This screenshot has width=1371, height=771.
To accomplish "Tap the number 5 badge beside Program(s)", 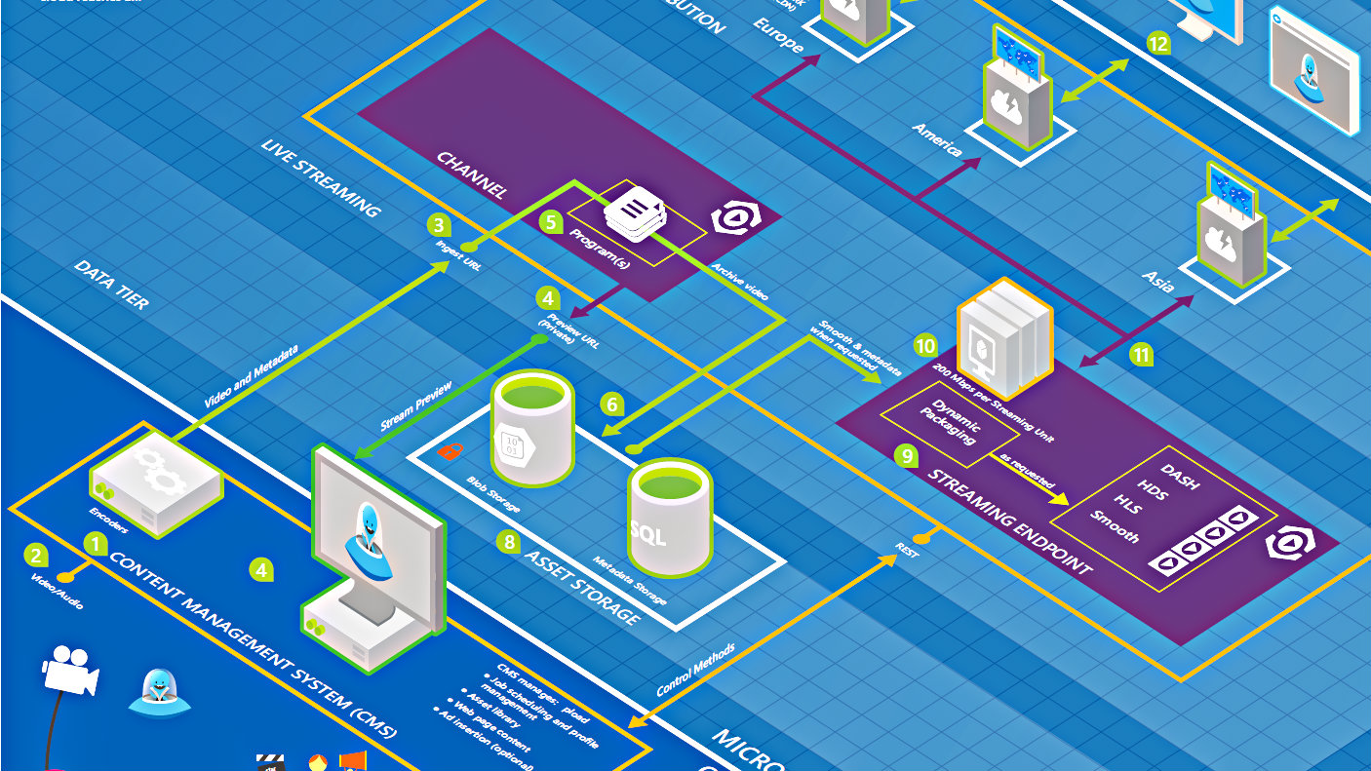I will point(551,222).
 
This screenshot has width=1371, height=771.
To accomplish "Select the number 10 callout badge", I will point(924,345).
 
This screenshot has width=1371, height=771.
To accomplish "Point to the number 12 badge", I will point(1157,44).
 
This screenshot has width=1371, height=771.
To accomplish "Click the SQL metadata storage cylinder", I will point(669,519).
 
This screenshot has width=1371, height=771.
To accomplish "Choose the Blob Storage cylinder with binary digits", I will point(531,429).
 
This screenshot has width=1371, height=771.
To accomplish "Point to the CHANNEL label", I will point(472,175).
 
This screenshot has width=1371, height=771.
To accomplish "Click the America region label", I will point(936,139).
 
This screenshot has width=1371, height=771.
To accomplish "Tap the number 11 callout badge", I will point(1141,355).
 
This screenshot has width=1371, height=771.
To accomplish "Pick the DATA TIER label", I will point(111,285).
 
